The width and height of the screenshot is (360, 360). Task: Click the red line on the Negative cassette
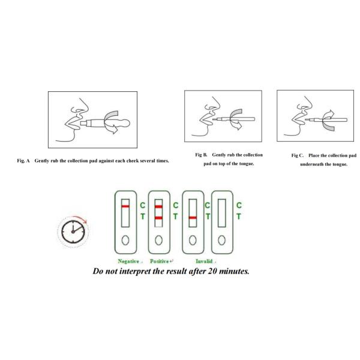pos(125,206)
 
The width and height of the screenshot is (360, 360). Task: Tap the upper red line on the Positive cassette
pos(158,206)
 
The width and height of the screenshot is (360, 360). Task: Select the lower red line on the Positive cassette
pos(158,218)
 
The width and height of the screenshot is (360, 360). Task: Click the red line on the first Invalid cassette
pos(193,218)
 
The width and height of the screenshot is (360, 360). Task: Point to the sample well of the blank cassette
pos(221,240)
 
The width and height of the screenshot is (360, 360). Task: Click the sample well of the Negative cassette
pos(125,240)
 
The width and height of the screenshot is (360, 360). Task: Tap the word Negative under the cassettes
pos(128,261)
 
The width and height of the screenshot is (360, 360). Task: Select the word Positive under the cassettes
pos(160,261)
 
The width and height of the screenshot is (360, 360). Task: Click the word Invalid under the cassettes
pos(204,261)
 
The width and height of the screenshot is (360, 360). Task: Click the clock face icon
pos(73,232)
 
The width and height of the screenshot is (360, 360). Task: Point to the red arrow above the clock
pos(80,218)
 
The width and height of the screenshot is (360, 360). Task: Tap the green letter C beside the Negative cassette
pos(143,205)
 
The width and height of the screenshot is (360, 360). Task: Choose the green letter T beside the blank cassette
pos(239,216)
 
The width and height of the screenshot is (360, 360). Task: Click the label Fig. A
pos(23,161)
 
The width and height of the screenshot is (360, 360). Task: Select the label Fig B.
pos(201,155)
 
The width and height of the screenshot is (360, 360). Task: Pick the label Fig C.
pos(298,155)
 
